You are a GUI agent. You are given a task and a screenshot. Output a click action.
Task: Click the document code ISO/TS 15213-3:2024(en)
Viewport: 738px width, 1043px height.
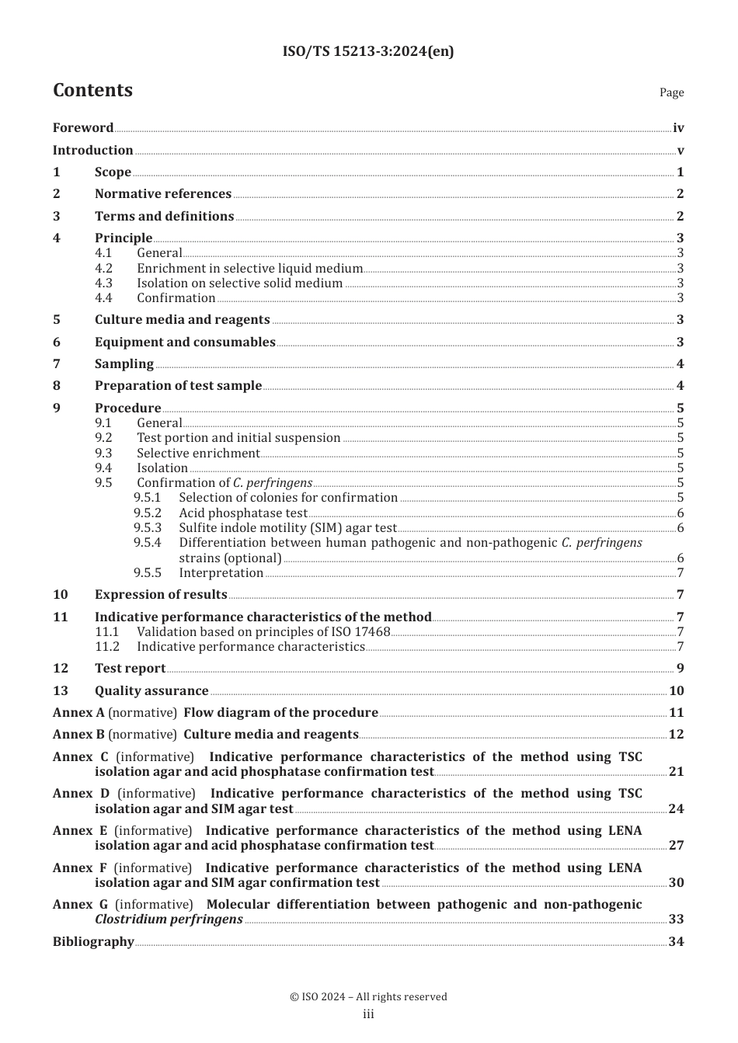coord(368,51)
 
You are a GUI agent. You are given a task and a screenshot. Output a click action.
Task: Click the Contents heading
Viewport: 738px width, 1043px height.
coord(92,90)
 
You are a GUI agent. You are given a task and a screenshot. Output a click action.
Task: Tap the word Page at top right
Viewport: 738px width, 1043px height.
coord(671,92)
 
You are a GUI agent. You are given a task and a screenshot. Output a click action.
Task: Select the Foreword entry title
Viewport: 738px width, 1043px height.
coord(83,127)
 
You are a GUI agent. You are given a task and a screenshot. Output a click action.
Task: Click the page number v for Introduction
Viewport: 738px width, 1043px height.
coord(681,151)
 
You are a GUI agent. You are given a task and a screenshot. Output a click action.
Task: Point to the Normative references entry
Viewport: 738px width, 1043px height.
coord(163,194)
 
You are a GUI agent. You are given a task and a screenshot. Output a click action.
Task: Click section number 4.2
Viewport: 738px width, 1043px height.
coord(103,269)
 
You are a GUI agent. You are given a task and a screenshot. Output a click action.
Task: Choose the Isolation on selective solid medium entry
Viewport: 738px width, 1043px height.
coord(239,283)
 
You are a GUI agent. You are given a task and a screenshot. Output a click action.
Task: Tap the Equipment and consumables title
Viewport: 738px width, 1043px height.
coord(185,342)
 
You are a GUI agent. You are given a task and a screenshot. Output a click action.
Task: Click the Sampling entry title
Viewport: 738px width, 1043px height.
coord(124,364)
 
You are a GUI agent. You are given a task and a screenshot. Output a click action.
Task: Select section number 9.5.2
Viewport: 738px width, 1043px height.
coord(147,513)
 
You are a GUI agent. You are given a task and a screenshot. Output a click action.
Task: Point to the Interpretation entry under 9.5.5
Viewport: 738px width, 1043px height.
coord(221,573)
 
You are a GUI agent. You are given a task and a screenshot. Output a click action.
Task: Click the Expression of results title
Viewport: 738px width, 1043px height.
coord(161,595)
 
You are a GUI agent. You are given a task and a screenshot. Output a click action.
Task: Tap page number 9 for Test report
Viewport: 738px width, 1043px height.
coord(680,669)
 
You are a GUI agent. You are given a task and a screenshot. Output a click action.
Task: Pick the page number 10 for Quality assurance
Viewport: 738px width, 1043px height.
coord(677,691)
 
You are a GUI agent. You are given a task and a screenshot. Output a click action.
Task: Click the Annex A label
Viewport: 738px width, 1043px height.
coord(78,713)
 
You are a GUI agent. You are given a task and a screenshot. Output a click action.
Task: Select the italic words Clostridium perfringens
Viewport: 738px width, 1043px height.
coord(169,920)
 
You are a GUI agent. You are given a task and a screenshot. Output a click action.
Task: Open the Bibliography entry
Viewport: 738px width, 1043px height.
coord(93,942)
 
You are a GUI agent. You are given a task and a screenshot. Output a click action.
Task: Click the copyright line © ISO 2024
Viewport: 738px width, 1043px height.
coord(368,996)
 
